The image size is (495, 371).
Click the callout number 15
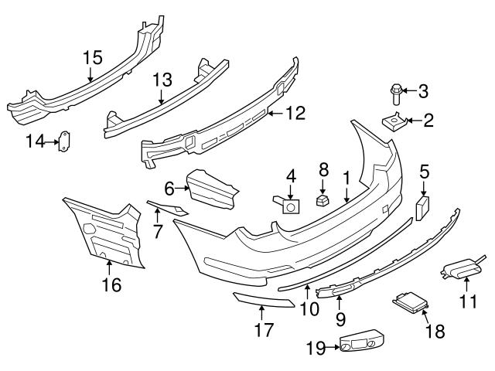(92, 56)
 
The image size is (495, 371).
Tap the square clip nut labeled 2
(394, 121)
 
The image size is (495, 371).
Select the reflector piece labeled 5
(423, 207)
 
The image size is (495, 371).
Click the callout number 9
(339, 318)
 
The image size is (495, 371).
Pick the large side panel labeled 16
(104, 232)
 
